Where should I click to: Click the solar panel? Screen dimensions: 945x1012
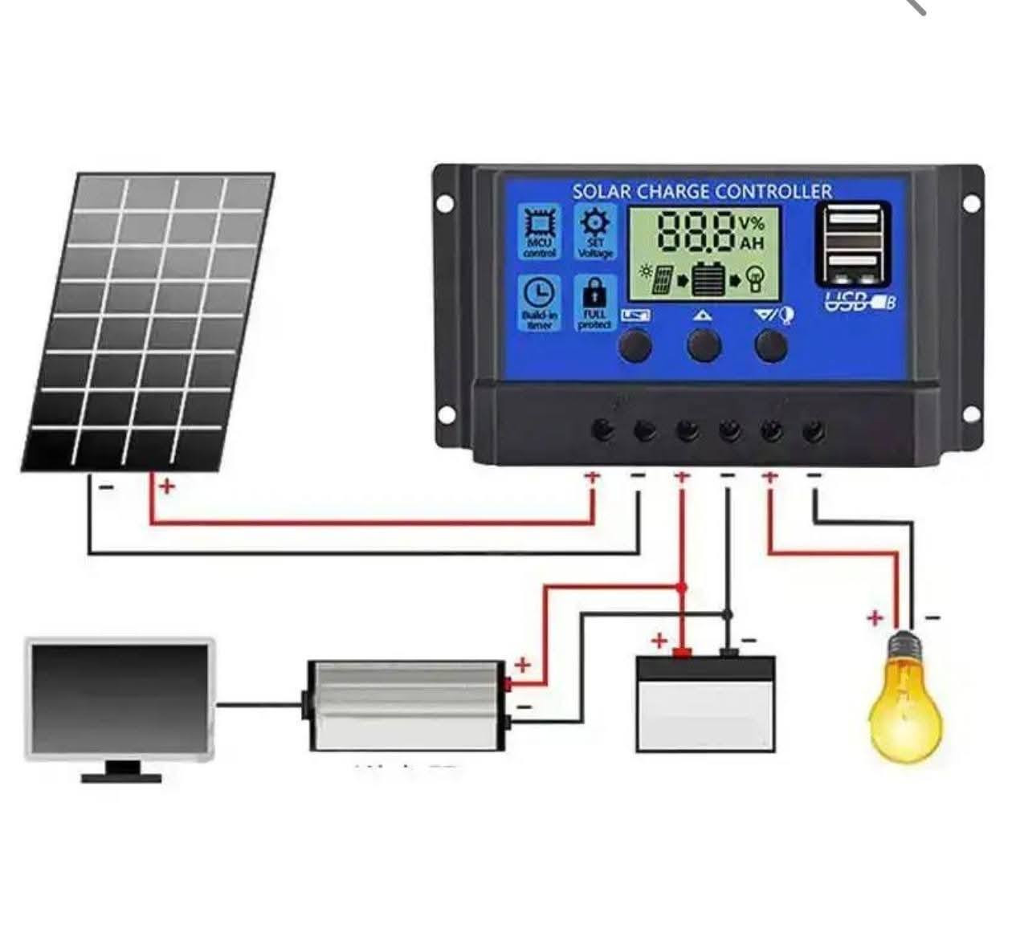point(149,321)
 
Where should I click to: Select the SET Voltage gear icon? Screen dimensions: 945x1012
point(595,223)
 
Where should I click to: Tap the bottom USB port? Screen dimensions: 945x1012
point(853,263)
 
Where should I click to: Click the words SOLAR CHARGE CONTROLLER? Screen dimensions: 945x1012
point(702,191)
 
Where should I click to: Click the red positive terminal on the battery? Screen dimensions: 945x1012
point(682,652)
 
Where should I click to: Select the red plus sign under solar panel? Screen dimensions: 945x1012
point(166,487)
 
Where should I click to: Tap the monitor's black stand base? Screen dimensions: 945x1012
point(121,776)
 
